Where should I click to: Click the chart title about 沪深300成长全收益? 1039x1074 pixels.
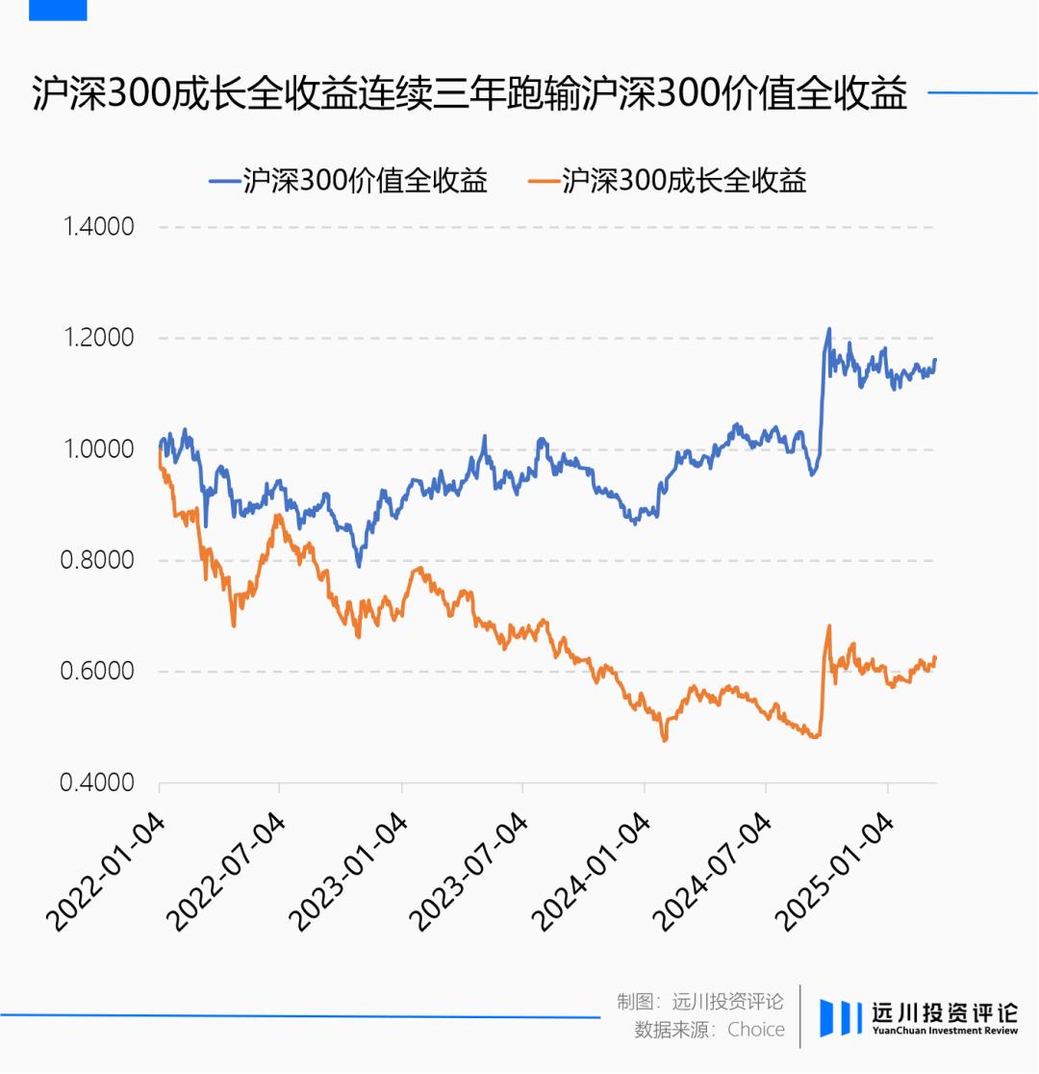(469, 94)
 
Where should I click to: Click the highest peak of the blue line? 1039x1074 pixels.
(828, 329)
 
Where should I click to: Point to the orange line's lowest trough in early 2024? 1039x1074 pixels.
(664, 739)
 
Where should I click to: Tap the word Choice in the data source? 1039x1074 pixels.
(756, 1030)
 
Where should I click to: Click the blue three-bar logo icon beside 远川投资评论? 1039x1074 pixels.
(840, 1018)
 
